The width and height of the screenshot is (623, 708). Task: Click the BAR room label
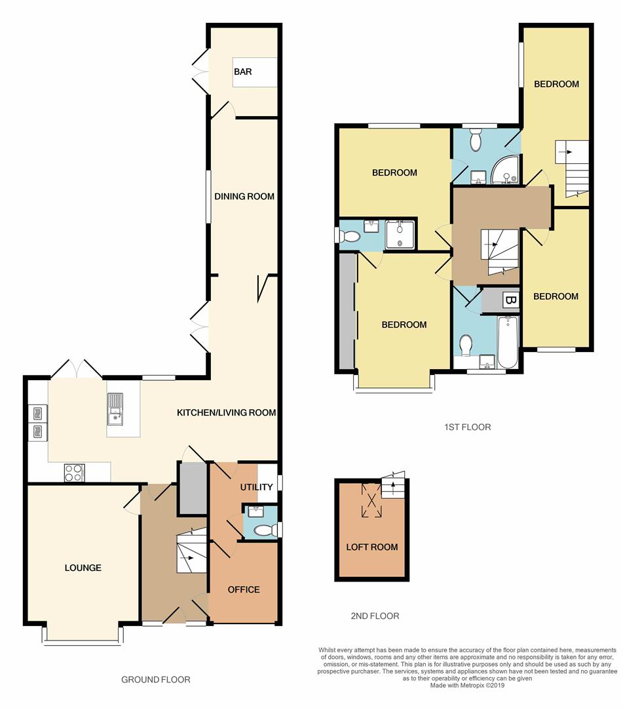242,71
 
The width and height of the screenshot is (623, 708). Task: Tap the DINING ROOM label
244,197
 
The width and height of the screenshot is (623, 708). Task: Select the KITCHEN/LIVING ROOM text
226,412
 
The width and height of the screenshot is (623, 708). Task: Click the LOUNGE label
83,568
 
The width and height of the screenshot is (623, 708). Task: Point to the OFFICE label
244,589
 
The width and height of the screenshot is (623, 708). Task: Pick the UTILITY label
256,486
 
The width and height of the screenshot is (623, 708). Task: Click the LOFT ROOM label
372,547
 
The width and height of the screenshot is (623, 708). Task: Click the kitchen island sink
115,408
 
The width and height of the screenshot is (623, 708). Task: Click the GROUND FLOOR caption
156,680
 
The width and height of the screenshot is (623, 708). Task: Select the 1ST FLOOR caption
467,427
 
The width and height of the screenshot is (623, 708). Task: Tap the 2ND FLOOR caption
375,616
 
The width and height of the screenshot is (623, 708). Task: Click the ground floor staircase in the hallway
191,551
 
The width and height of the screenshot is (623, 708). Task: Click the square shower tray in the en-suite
400,234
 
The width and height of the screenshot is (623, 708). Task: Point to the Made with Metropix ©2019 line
467,685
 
